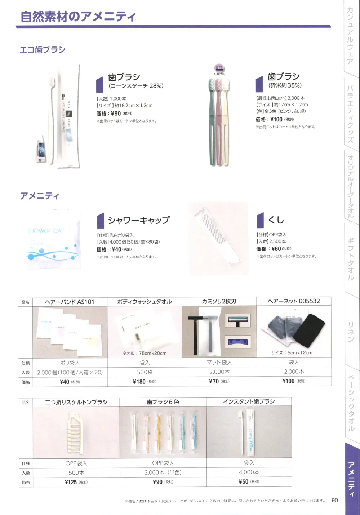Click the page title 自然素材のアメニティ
tap(78, 17)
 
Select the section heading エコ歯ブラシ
tap(43, 49)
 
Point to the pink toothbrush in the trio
tap(218, 123)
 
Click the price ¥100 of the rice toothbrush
tap(276, 120)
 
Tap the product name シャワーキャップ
tap(139, 220)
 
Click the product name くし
tap(276, 220)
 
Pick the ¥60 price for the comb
tap(276, 249)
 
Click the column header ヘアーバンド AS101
tap(70, 302)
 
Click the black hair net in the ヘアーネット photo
tap(308, 330)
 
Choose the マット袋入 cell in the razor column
tap(219, 362)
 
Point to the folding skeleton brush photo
tap(76, 432)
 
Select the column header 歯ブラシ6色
tap(163, 402)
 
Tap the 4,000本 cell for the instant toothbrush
tap(249, 472)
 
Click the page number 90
tap(335, 500)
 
